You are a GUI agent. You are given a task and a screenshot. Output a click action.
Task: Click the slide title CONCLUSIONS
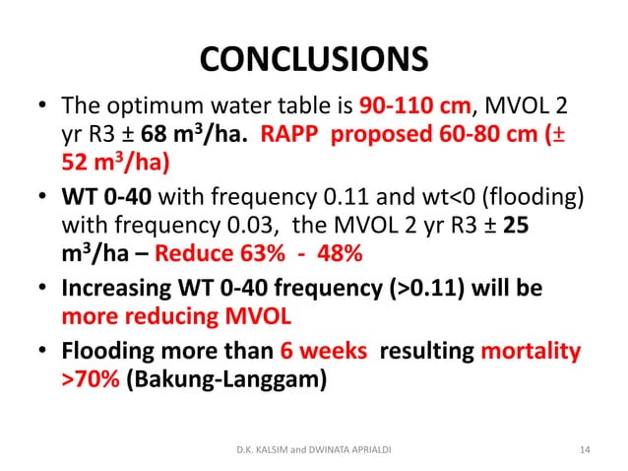(314, 59)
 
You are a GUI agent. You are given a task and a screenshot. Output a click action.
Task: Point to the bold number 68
(162, 133)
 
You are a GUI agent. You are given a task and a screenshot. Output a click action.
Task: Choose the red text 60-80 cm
(489, 133)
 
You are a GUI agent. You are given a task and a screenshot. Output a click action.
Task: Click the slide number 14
(586, 450)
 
